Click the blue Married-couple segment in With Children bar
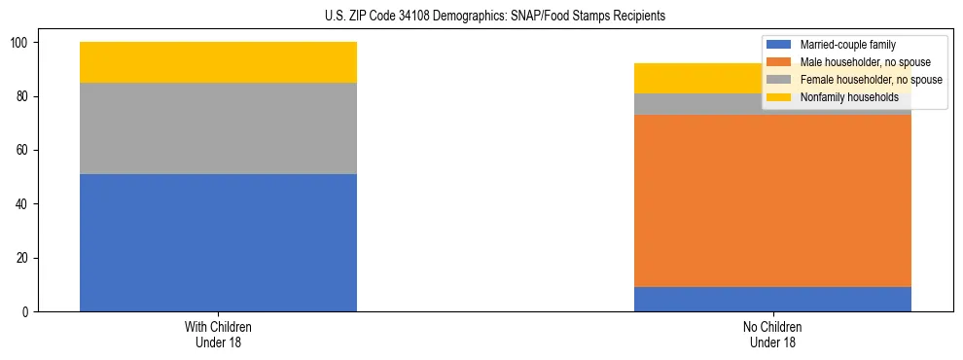218,242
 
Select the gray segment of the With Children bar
218,128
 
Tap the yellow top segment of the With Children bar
218,62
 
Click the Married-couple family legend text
847,45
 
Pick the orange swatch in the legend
779,62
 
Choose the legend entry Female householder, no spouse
871,80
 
